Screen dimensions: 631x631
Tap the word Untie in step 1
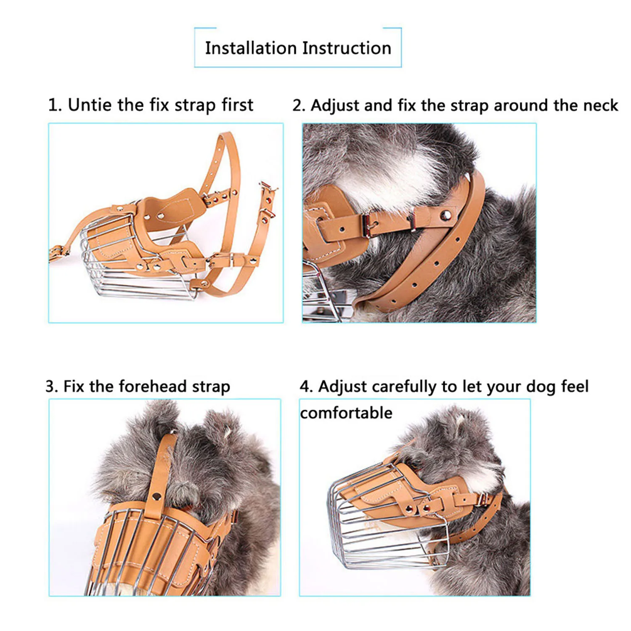pyautogui.click(x=90, y=105)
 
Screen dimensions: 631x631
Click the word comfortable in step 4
pyautogui.click(x=346, y=413)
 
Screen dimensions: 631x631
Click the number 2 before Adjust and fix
pyautogui.click(x=298, y=106)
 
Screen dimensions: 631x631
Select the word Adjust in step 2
pyautogui.click(x=335, y=106)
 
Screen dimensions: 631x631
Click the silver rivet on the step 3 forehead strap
pyautogui.click(x=157, y=496)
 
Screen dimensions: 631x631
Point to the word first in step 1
pyautogui.click(x=238, y=105)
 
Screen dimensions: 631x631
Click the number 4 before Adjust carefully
pyautogui.click(x=305, y=387)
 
